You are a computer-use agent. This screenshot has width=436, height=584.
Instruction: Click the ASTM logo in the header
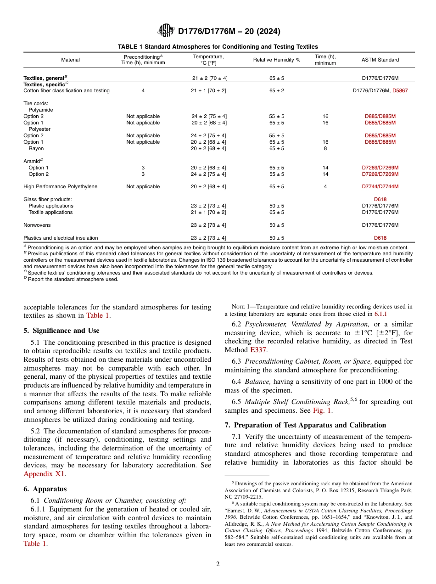[x=166, y=31]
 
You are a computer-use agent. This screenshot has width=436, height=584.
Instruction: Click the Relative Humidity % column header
[x=277, y=60]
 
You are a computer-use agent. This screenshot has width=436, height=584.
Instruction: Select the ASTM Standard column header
[x=380, y=60]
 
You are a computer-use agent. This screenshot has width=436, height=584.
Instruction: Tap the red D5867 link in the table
[x=400, y=91]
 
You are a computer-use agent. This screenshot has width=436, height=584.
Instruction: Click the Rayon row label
[x=36, y=148]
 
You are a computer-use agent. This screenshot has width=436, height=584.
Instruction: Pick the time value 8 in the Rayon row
[x=325, y=148]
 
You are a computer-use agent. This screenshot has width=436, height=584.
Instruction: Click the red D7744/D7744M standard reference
[x=380, y=187]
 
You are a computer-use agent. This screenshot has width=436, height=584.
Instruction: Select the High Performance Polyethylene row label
[x=54, y=187]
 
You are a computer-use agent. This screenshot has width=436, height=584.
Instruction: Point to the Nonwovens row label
[x=37, y=225]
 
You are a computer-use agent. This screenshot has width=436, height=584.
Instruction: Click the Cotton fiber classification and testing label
[x=67, y=91]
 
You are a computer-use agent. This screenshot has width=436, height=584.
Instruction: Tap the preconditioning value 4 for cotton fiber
[x=143, y=91]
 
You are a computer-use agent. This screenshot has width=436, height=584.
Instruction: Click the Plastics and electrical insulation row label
[x=61, y=238]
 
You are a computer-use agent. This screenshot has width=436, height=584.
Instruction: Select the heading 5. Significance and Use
[x=61, y=331]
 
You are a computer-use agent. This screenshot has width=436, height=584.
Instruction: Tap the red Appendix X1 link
[x=45, y=473]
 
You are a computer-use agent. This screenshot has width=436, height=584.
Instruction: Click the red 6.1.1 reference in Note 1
[x=380, y=314]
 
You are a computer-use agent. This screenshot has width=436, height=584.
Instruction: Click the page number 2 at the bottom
[x=218, y=564]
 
